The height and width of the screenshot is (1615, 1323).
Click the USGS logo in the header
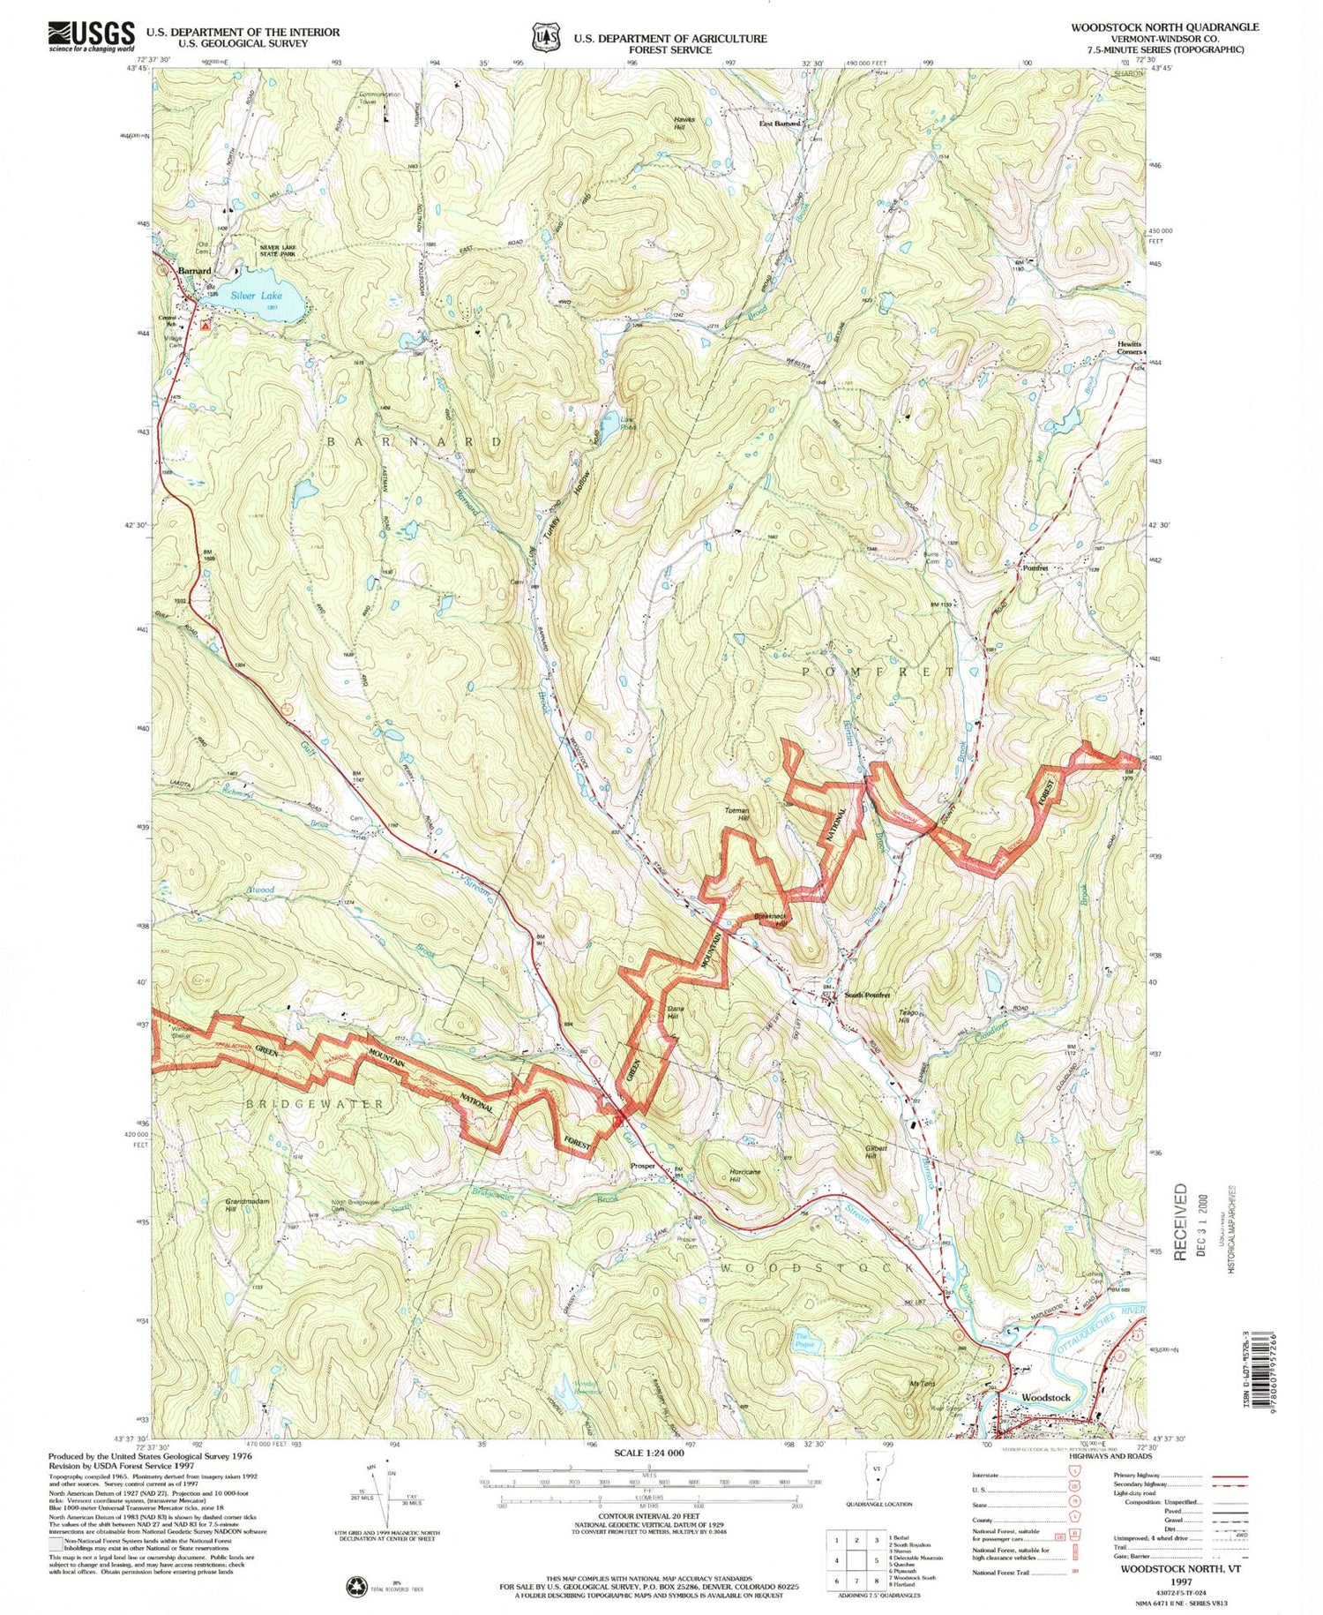91,36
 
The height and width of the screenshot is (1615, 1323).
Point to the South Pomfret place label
867,995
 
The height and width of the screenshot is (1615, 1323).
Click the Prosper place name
642,1166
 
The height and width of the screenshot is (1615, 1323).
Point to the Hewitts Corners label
1129,348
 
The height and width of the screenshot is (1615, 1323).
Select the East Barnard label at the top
780,124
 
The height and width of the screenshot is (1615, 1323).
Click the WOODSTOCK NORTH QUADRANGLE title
1164,27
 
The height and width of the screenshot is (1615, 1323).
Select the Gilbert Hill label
876,1153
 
